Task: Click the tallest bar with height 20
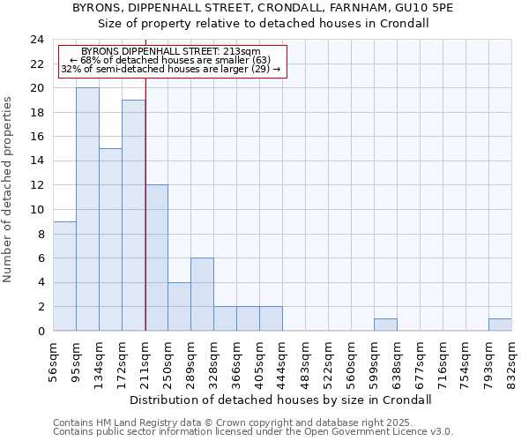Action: (87, 210)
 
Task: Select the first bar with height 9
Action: (64, 276)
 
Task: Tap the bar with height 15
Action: (110, 240)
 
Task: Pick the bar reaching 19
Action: (133, 215)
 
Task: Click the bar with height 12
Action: (156, 258)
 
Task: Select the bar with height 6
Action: (202, 295)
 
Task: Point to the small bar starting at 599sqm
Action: (385, 325)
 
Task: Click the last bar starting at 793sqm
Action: (500, 325)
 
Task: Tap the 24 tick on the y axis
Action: (36, 40)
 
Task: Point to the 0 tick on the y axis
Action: (40, 331)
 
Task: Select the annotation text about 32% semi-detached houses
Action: (172, 69)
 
